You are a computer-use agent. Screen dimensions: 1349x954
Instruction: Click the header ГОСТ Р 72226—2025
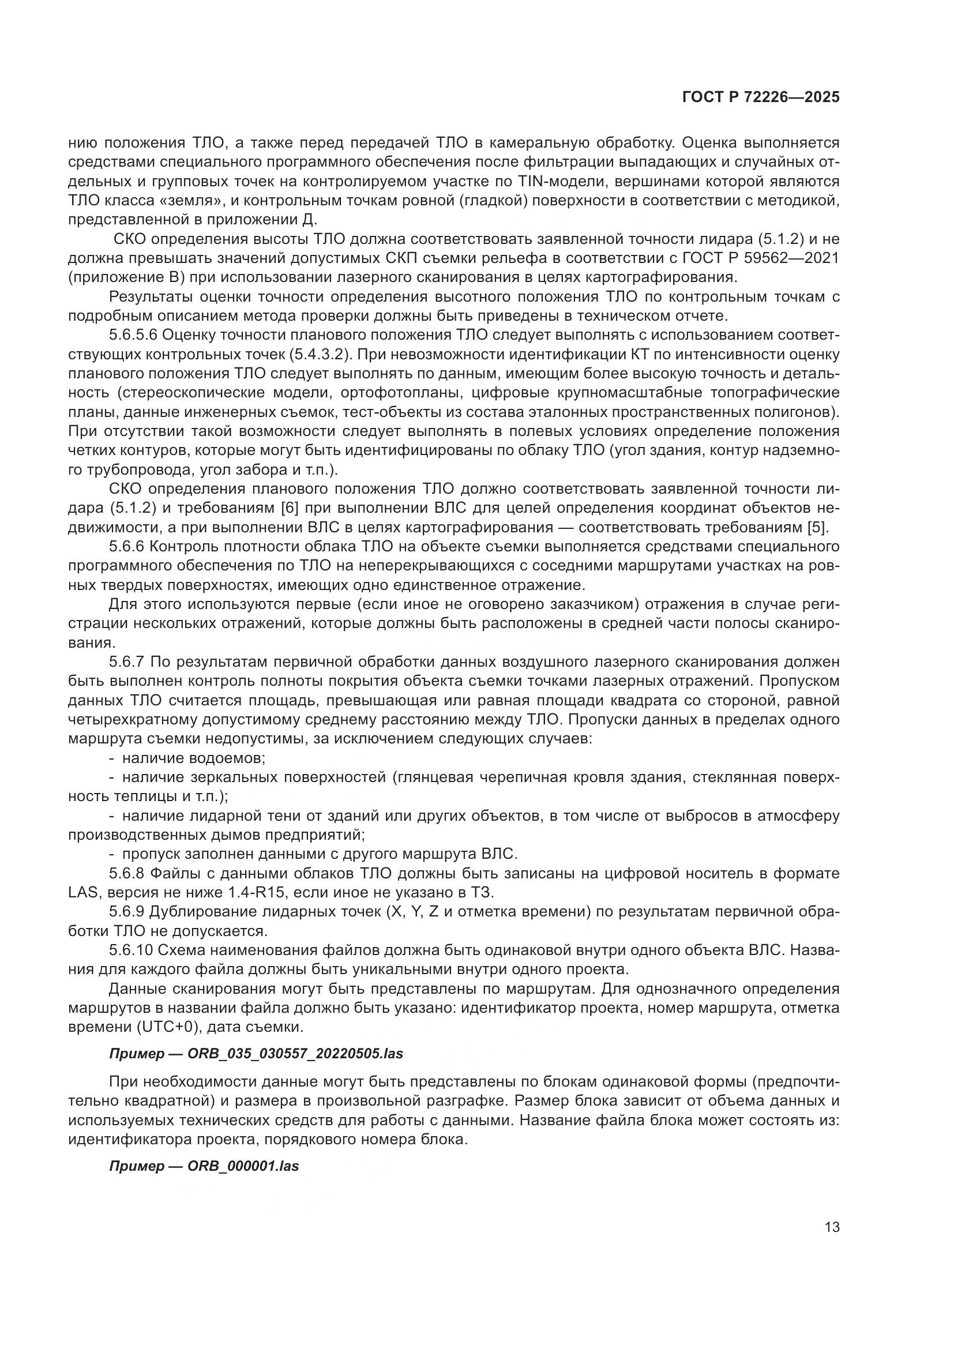[x=761, y=97]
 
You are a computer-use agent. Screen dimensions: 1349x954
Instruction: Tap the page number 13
[x=832, y=1227]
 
